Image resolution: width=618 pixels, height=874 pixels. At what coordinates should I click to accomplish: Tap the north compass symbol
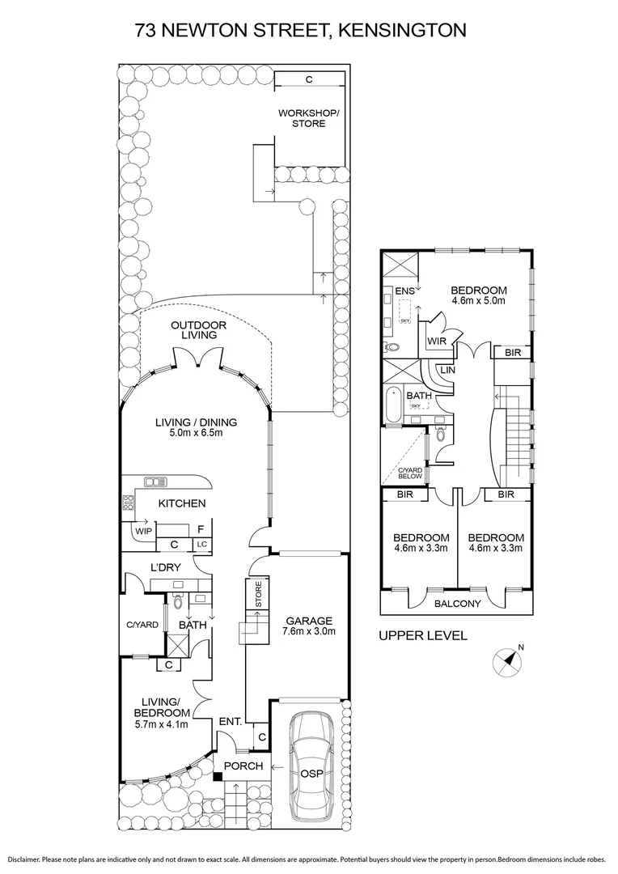(x=507, y=662)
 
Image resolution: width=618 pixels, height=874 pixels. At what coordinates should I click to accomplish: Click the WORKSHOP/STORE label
(x=308, y=118)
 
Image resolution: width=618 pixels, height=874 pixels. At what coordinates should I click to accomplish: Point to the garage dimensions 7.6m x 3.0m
(x=310, y=631)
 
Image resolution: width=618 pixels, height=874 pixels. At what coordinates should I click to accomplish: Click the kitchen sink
(x=155, y=481)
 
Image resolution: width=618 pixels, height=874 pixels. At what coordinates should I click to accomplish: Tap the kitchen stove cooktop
(x=129, y=503)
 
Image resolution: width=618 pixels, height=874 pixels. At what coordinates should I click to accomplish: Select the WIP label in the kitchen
(x=143, y=531)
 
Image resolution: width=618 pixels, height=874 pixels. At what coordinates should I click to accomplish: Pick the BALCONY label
(x=458, y=603)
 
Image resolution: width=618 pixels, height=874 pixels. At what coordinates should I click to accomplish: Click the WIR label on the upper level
(x=436, y=342)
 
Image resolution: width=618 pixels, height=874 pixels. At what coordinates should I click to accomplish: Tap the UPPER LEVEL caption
(x=423, y=635)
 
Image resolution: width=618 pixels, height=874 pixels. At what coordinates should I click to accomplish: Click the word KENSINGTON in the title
(x=403, y=30)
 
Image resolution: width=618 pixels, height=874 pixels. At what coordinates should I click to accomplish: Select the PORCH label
(x=243, y=766)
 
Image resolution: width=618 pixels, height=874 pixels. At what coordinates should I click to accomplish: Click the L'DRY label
(x=166, y=567)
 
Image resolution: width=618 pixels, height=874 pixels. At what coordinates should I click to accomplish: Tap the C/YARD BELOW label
(x=409, y=473)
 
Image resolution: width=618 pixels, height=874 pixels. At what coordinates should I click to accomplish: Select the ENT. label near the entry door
(x=231, y=721)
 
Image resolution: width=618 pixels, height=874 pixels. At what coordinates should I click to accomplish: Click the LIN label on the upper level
(x=447, y=370)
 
